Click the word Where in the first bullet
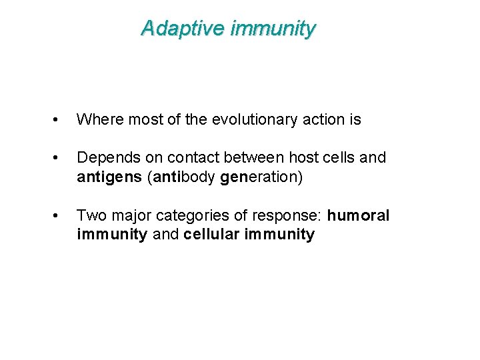(x=97, y=120)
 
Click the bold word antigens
(x=105, y=177)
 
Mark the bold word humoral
(x=358, y=215)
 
